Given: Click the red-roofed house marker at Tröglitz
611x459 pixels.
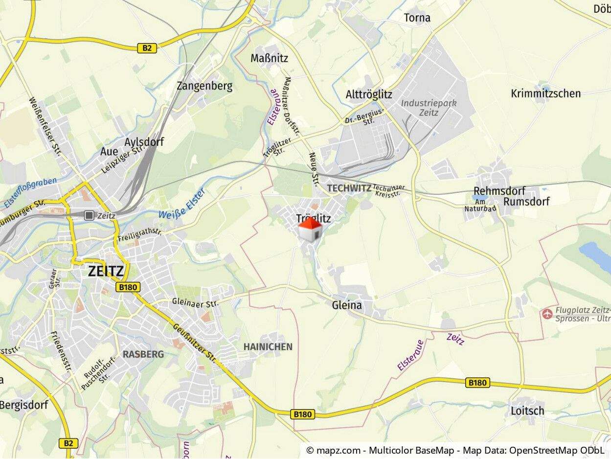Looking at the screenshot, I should click(310, 229).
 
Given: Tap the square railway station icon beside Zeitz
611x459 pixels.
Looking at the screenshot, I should click(89, 215).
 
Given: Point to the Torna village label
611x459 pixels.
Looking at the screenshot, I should click(417, 18).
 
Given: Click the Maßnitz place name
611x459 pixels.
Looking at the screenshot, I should click(270, 58).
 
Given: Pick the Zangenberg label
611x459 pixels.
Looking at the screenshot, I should click(204, 86).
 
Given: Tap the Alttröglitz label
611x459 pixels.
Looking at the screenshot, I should click(369, 94).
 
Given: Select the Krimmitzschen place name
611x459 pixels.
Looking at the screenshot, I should click(546, 93).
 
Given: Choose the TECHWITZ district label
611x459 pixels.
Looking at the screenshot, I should click(349, 188).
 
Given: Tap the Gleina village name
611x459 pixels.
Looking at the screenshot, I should click(347, 305).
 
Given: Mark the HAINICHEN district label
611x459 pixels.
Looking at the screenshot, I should click(268, 347).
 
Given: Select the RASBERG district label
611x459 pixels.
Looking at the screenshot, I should click(143, 354).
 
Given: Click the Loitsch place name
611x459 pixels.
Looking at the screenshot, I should click(527, 411).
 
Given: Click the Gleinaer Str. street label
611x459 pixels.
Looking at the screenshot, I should click(195, 303).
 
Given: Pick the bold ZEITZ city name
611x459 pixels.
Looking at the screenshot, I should click(106, 272).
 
